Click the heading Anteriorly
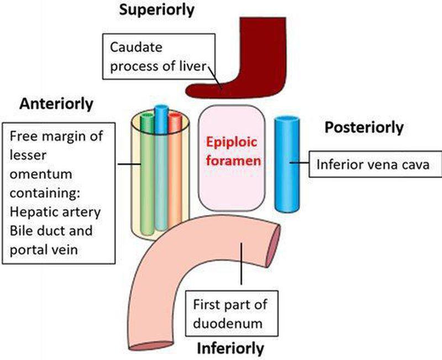pyautogui.click(x=57, y=103)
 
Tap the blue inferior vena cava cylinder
pyautogui.click(x=287, y=166)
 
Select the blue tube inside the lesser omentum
pyautogui.click(x=161, y=160)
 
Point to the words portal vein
pyautogui.click(x=45, y=249)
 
